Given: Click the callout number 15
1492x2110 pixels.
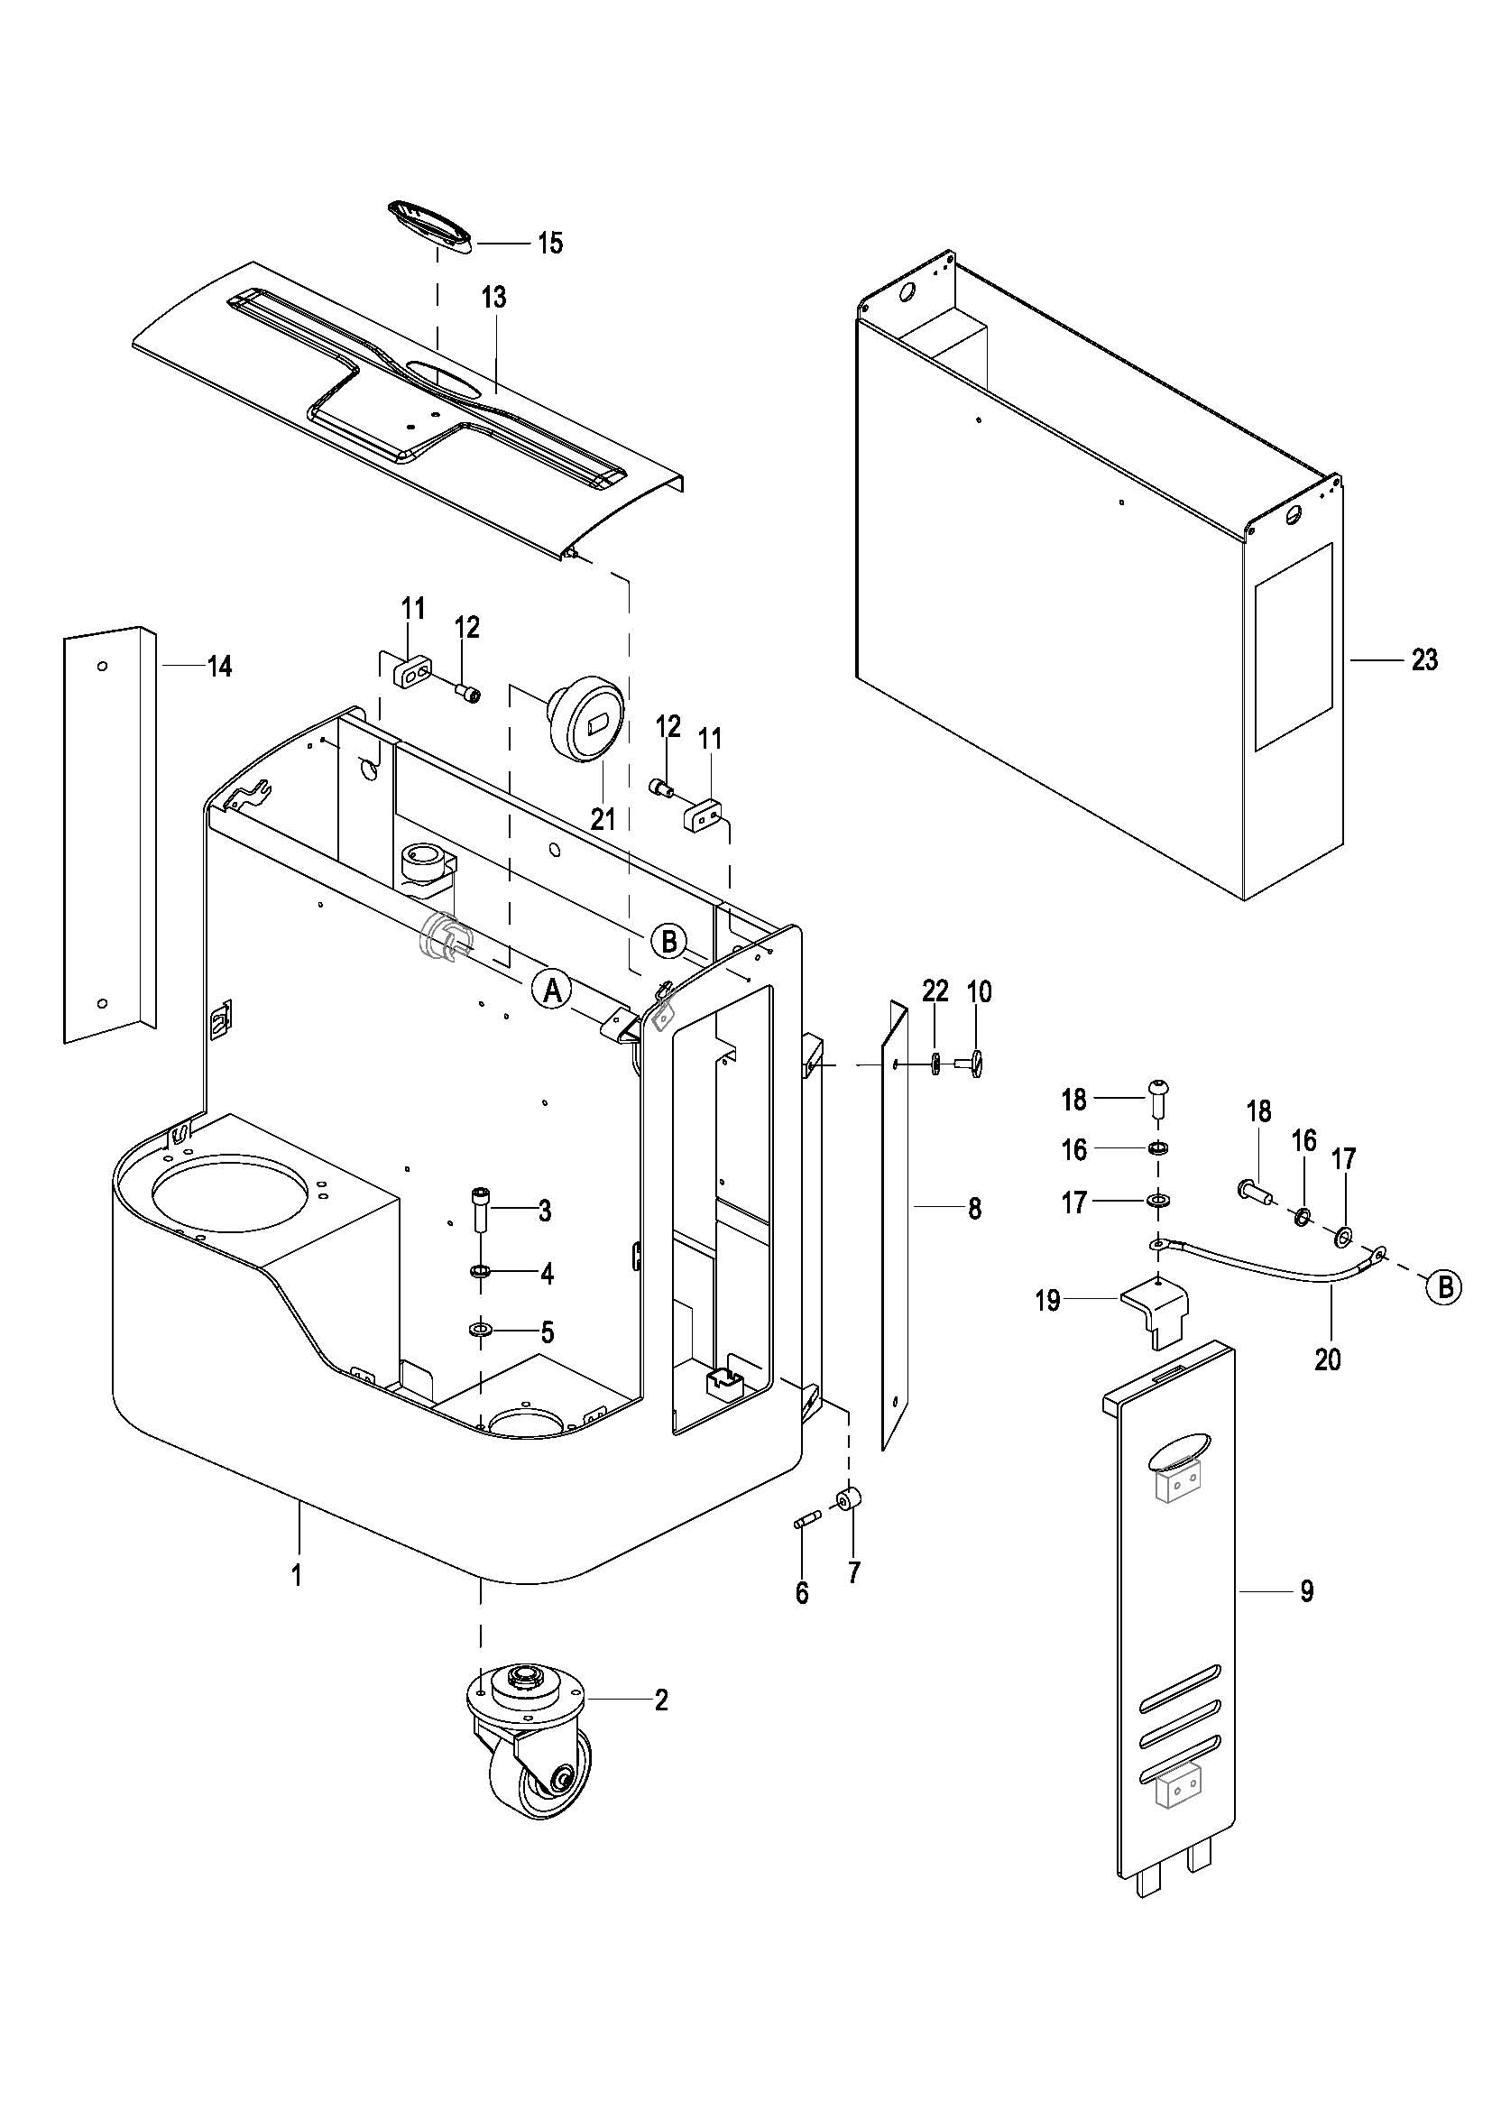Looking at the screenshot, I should pyautogui.click(x=549, y=244).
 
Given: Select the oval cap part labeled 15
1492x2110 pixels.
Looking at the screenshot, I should pyautogui.click(x=430, y=223).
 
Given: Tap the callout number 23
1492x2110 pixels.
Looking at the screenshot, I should pyautogui.click(x=1423, y=659).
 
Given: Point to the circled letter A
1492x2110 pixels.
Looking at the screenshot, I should pyautogui.click(x=552, y=990).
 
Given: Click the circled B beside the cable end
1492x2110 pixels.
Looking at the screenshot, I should pyautogui.click(x=1445, y=1287).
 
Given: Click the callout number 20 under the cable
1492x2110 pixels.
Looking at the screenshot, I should pyautogui.click(x=1328, y=1359).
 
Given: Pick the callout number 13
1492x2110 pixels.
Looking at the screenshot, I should pyautogui.click(x=493, y=298).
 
